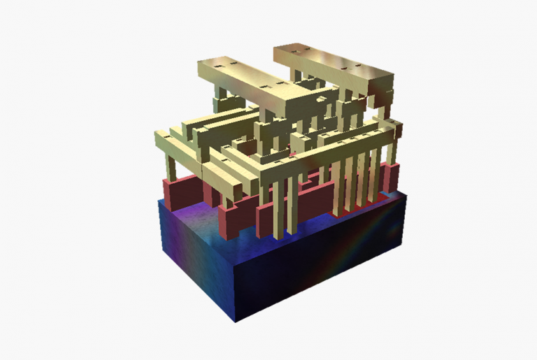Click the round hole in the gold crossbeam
(321, 99)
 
